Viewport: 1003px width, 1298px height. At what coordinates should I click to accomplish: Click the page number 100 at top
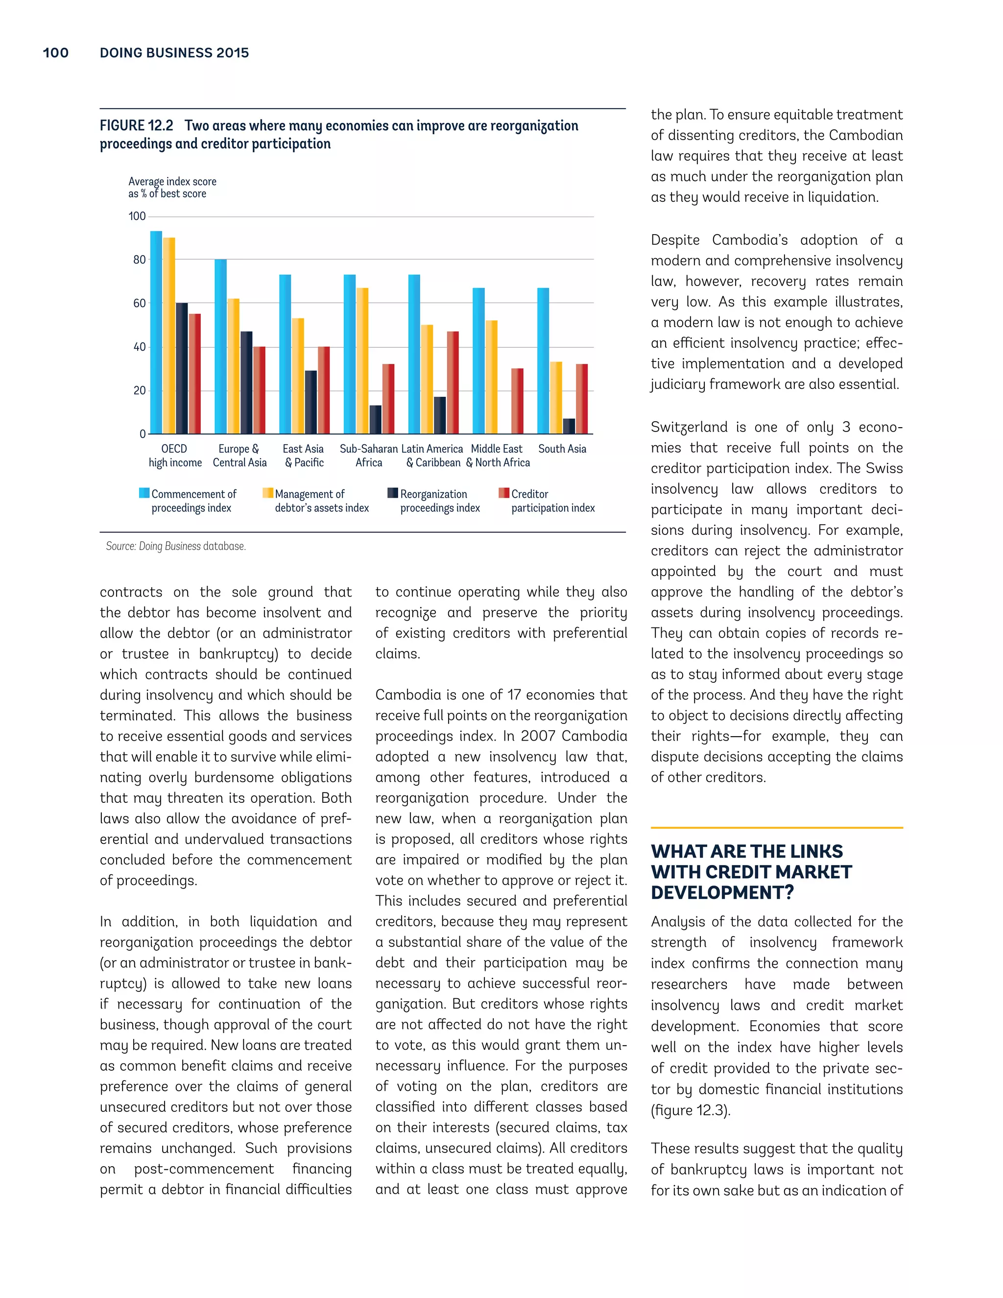55,53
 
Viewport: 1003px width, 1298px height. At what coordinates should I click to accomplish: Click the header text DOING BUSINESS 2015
174,53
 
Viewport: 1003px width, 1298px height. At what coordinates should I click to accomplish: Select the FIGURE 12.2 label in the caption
136,126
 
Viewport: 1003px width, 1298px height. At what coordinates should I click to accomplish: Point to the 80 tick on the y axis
139,260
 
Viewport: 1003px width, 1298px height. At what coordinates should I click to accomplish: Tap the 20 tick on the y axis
139,390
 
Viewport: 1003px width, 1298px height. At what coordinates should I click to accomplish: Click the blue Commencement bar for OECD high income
156,332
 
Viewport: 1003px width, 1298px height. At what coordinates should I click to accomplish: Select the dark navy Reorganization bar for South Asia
569,426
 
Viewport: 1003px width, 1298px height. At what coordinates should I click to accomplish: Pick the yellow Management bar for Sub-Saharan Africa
362,361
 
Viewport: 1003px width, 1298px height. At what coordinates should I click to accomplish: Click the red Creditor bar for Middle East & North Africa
517,401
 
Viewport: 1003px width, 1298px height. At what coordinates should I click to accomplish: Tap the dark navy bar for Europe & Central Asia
246,382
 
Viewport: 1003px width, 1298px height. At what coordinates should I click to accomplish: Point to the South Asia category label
562,449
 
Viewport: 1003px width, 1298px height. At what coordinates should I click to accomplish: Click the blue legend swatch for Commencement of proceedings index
144,493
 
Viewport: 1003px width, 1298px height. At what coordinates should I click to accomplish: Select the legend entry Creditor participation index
552,501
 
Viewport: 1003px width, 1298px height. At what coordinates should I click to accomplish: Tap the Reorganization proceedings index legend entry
440,501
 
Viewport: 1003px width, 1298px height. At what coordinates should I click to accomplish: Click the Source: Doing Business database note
176,546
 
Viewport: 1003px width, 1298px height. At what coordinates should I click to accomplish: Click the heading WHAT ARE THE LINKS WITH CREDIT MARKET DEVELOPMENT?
751,872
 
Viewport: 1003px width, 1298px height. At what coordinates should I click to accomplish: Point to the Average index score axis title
172,187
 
